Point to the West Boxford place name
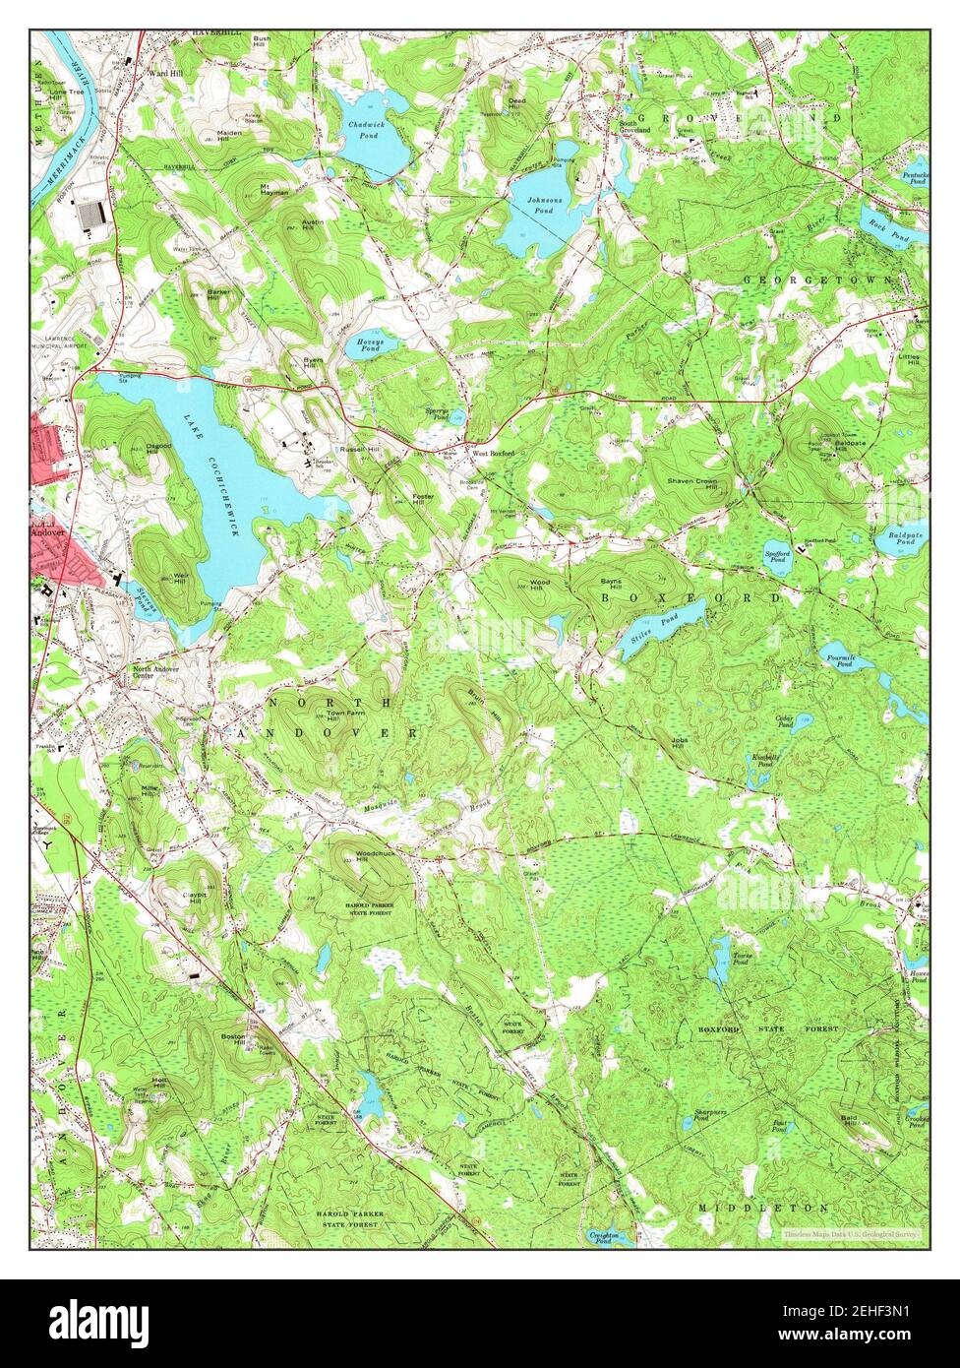click(494, 454)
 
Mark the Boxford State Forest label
click(768, 1028)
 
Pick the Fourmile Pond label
click(843, 660)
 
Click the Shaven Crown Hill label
click(692, 483)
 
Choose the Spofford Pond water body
click(777, 551)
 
